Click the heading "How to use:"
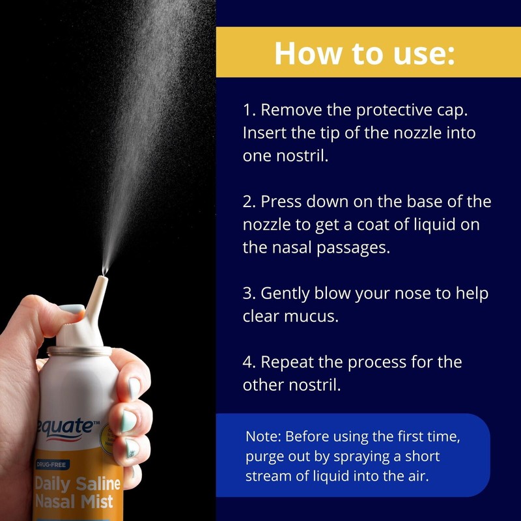point(364,53)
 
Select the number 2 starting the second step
point(247,202)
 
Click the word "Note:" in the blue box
point(263,436)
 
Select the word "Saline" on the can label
point(97,483)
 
